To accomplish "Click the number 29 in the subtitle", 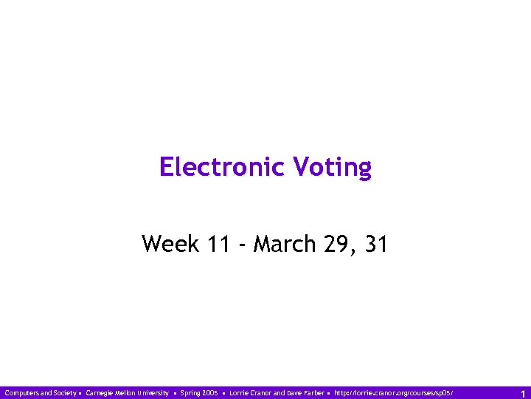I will click(x=336, y=243).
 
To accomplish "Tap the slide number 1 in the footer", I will click(x=523, y=393).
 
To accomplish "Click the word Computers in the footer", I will click(x=20, y=393).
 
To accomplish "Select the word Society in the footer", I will click(x=62, y=393).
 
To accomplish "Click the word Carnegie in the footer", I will click(x=101, y=393).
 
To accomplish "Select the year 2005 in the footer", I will click(x=210, y=393).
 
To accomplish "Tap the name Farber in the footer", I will click(x=313, y=393).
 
